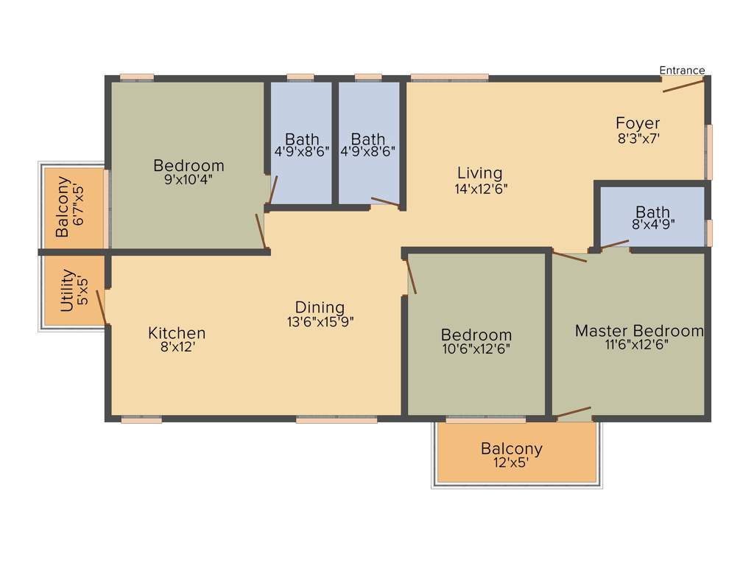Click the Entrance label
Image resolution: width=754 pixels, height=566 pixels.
click(682, 71)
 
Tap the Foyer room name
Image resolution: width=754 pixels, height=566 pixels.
click(638, 123)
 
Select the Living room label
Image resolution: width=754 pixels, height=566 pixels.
click(480, 173)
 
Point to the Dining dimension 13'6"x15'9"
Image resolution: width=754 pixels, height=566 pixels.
click(320, 321)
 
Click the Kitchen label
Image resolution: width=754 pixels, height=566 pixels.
click(177, 333)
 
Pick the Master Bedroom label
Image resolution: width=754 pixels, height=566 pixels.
click(639, 331)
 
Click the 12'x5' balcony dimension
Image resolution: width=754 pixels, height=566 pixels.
click(511, 463)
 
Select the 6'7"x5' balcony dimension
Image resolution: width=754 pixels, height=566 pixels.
click(79, 206)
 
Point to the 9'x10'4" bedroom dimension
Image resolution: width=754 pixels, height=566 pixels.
click(188, 179)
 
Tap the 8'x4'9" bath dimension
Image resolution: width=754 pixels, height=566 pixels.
click(652, 225)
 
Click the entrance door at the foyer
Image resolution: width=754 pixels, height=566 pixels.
click(683, 85)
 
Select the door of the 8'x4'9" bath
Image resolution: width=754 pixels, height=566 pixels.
click(614, 244)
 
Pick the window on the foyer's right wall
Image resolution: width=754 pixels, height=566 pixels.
click(709, 151)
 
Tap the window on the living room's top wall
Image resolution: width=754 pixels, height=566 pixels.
click(449, 77)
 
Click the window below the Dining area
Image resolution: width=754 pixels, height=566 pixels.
click(337, 419)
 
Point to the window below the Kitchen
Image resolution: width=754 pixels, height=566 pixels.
click(141, 419)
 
